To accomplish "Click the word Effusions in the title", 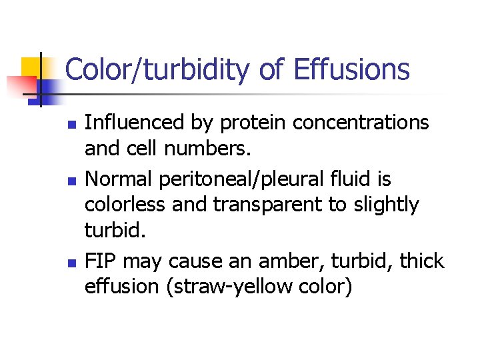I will [351, 69].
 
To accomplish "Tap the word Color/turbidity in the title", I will [161, 69].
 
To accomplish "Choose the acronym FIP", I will [100, 261].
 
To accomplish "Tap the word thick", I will [421, 261].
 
